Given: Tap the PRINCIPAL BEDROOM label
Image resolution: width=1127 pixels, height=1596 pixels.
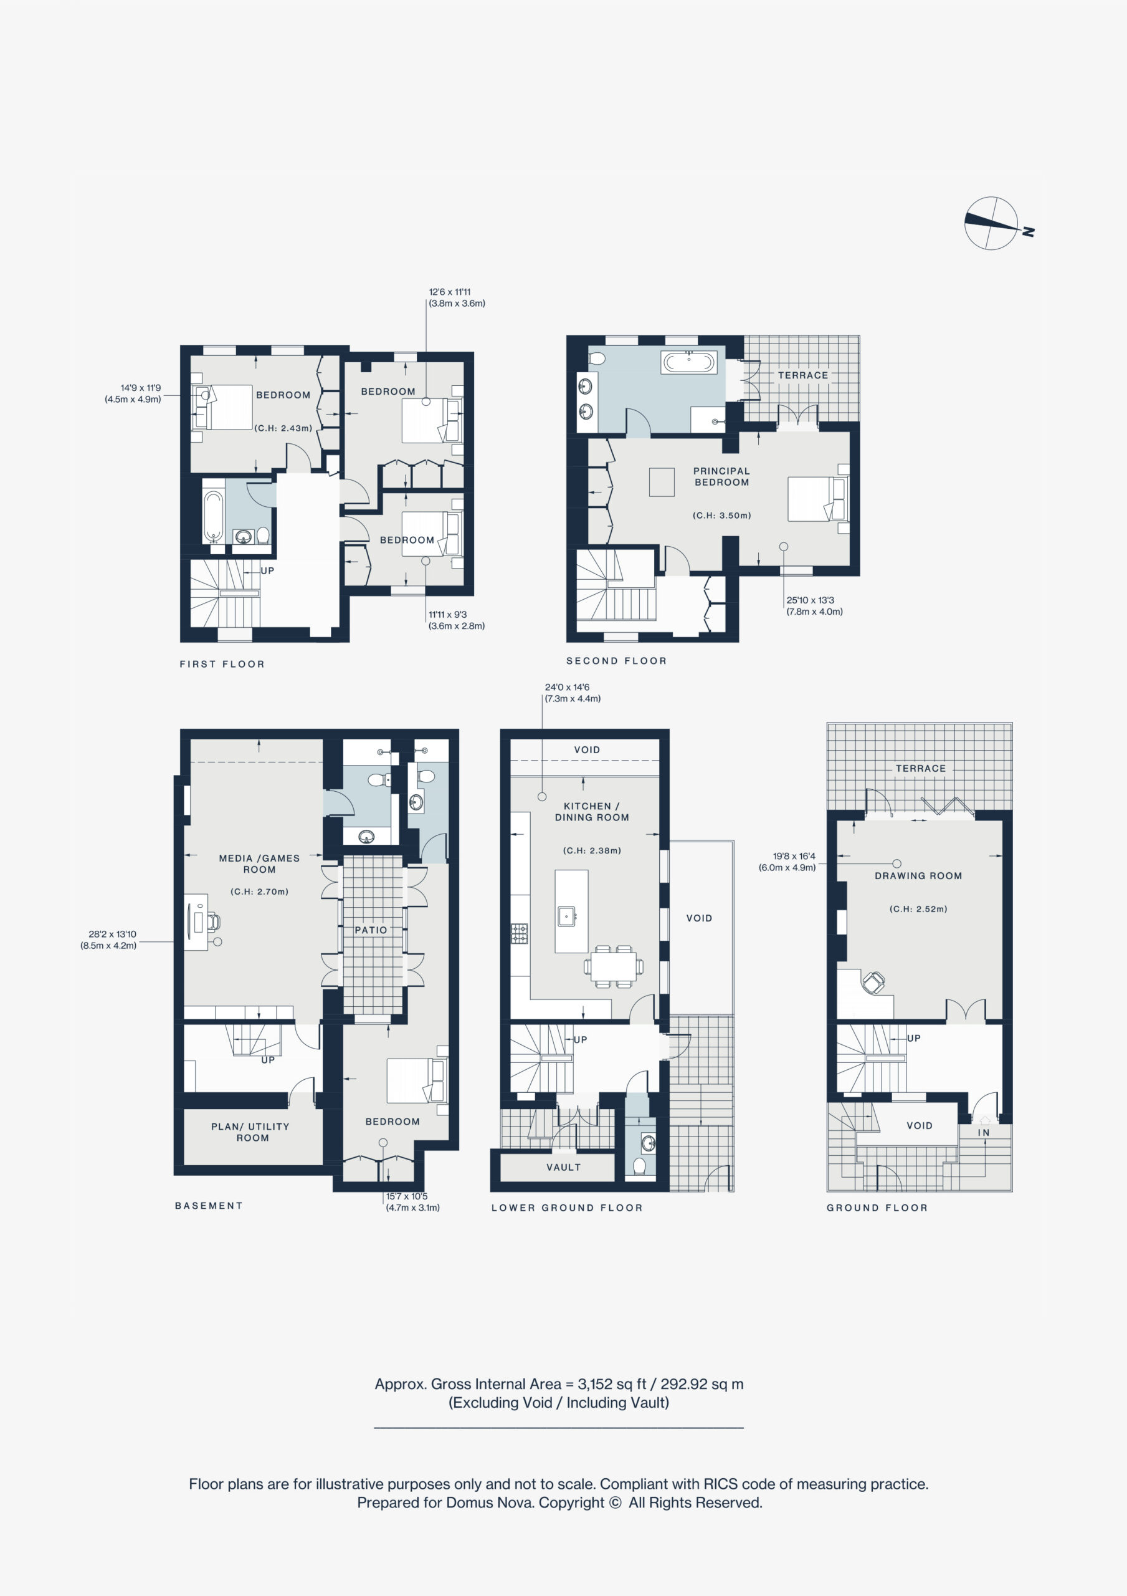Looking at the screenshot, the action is pos(721,476).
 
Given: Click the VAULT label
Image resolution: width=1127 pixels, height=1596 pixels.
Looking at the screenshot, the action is pos(563,1167).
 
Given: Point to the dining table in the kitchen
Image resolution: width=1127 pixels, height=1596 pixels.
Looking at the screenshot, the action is pos(614,966).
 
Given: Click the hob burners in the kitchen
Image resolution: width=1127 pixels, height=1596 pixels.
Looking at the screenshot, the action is pos(519,933).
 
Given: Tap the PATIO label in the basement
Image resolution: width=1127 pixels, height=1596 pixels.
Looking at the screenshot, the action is pos(371,930).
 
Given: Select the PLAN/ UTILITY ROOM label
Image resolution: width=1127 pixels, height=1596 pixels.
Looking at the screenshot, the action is pos(252,1132).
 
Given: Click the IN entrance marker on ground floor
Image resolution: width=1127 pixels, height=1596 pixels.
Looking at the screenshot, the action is pos(984,1132).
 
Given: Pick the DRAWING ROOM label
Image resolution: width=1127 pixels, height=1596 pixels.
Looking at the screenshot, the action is pos(918,876).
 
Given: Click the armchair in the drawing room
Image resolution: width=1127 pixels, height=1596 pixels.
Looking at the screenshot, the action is pos(873,982).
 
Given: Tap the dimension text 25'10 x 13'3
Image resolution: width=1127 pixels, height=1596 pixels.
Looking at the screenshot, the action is pos(810,600).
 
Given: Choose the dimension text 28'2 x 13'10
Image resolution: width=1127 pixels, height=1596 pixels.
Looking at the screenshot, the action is pos(113,935).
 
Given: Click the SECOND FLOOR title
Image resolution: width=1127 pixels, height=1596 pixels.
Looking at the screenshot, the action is pos(616,661).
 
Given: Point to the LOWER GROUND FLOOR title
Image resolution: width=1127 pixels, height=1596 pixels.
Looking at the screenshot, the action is pos(567,1208).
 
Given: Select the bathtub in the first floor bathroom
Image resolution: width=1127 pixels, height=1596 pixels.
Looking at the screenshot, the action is pos(212,516).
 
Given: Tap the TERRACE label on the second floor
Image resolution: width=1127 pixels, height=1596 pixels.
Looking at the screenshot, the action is pos(802,375).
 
